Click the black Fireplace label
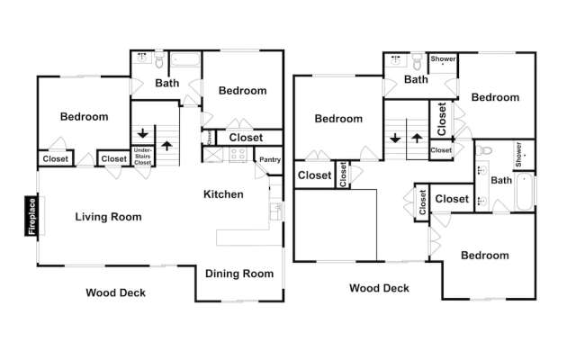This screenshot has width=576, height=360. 31,216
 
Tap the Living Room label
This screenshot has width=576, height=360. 108,217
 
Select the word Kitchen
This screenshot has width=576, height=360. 223,194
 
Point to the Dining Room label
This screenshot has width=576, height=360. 238,274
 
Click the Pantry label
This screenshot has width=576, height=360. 270,160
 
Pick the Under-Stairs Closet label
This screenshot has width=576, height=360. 142,155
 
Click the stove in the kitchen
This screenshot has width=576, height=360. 238,155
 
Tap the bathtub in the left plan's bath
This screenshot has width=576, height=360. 185,61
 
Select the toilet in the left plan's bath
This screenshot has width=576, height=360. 159,62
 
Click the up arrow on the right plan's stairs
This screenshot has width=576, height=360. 418,139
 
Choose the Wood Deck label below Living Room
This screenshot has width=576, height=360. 115,292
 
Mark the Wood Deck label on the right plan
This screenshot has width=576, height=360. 379,289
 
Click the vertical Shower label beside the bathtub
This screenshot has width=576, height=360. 518,154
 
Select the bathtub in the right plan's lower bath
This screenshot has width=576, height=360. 527,191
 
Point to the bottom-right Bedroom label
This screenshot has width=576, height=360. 484,256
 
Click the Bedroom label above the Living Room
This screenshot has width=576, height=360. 84,116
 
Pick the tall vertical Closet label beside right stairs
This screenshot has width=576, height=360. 441,118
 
